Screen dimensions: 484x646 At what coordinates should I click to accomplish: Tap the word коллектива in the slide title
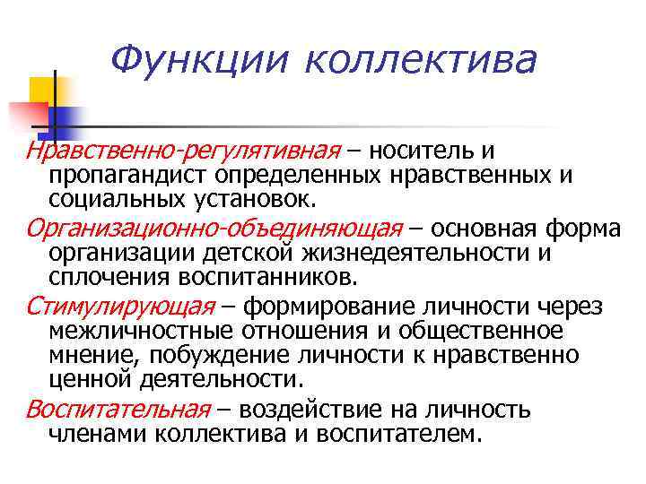coord(421,60)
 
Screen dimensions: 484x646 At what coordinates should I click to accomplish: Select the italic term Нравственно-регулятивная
coord(184,151)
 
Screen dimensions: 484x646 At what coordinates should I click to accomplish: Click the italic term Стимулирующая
coord(120,307)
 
